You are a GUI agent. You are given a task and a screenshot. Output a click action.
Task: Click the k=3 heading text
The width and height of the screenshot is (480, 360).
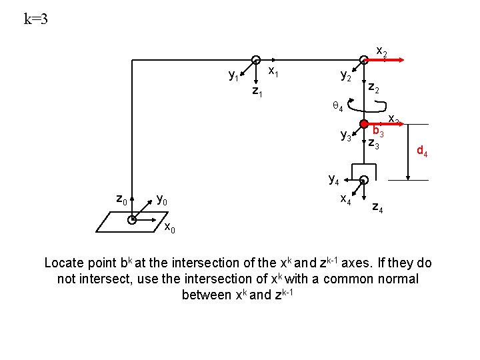(x=36, y=19)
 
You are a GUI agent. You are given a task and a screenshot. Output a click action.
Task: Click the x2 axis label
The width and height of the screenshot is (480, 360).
(x=382, y=51)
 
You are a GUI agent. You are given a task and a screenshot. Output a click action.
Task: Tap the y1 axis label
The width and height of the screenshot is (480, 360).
(x=234, y=76)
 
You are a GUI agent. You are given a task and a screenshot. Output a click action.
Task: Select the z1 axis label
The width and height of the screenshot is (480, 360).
(x=257, y=91)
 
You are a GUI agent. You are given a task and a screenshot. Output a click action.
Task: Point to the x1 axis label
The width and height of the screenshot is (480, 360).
(x=273, y=70)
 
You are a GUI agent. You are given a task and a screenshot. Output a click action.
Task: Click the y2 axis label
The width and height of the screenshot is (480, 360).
(x=346, y=76)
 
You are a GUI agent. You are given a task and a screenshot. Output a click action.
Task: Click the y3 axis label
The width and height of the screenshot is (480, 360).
(x=346, y=136)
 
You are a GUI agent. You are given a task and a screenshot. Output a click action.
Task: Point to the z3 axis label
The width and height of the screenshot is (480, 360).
(x=373, y=143)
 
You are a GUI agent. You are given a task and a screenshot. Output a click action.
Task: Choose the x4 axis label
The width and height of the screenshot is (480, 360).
(x=346, y=198)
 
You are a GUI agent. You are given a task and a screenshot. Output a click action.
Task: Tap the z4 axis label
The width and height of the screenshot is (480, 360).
(x=377, y=209)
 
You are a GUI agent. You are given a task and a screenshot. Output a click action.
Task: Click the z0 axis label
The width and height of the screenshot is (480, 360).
(x=121, y=198)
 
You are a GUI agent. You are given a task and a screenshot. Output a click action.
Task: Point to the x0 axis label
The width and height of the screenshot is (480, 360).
(x=170, y=229)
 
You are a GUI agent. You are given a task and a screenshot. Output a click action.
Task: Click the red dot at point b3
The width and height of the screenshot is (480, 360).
(x=363, y=124)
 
